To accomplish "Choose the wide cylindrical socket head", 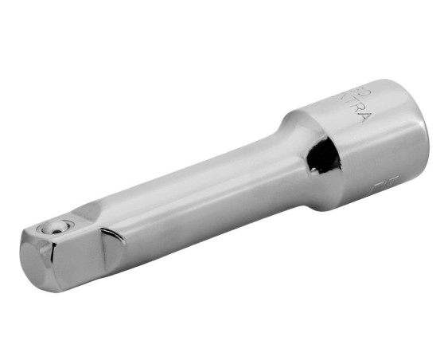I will pyautogui.click(x=366, y=147).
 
